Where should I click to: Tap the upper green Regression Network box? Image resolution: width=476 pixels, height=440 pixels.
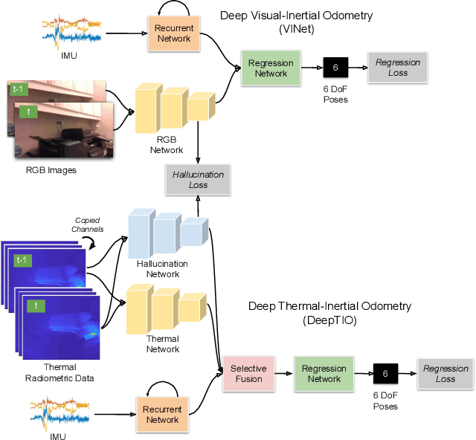(271, 68)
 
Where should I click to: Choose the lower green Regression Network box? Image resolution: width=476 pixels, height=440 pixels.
(324, 373)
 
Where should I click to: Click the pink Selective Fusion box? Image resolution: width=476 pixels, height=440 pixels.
(248, 373)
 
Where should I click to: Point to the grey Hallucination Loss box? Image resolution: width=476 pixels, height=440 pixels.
(198, 179)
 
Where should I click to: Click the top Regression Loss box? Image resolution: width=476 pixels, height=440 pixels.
(397, 68)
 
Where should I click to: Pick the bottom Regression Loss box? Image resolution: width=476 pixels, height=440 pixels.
(446, 373)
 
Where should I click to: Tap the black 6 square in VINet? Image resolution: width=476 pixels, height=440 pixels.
(335, 68)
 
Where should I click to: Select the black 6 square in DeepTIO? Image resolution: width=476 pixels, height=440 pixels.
(385, 373)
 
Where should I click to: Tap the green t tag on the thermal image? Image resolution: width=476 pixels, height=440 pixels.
(33, 305)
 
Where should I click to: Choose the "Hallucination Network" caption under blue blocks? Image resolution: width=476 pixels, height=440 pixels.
(161, 268)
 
